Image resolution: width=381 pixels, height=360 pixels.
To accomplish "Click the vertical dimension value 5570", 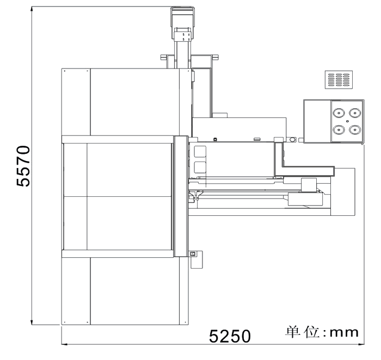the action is tap(23, 166).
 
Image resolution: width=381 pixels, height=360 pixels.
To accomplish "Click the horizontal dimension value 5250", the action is tap(230, 336).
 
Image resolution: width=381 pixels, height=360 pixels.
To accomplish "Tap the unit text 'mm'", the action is tap(344, 333).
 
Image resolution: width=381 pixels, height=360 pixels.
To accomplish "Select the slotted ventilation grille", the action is tap(339, 79).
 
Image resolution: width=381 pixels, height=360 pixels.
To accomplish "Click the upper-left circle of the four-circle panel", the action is tap(339, 113).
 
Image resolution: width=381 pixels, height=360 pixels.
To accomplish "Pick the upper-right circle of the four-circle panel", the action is tap(355, 113).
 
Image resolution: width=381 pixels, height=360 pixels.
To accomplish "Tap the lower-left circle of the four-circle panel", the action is tap(339, 129).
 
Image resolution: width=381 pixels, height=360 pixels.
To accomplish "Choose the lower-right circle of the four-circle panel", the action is tap(355, 129).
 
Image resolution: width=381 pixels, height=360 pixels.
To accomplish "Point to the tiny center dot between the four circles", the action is tap(347, 121).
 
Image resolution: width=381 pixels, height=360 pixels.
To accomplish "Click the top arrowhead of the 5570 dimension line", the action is tap(32, 9).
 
